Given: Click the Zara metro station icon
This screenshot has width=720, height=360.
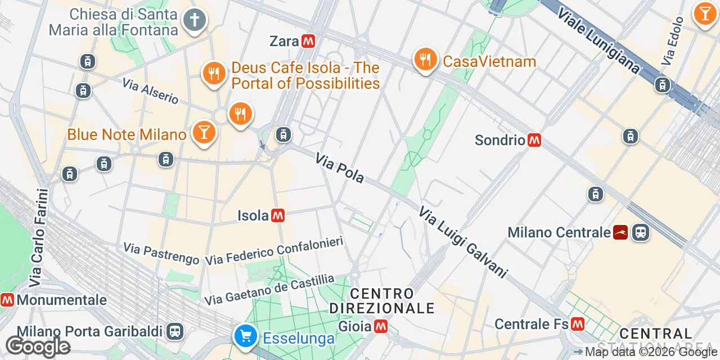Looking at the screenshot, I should point(308,41).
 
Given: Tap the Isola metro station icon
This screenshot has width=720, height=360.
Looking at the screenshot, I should point(277,215).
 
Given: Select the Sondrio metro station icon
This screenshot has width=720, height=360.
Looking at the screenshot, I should point(534,140).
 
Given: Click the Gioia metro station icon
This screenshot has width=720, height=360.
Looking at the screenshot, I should point(381,326).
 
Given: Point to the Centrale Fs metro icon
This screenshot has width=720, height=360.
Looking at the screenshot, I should point(577,324).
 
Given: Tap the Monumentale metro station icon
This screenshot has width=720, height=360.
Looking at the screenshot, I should point(7,300).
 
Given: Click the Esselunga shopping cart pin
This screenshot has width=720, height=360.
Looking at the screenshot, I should point(245,336).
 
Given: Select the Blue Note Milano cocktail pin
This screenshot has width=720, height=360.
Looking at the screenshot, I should point(204,132).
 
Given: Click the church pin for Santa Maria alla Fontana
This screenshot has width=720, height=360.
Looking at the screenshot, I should point(194,20).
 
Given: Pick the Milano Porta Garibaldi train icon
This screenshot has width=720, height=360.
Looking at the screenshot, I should point(175,331).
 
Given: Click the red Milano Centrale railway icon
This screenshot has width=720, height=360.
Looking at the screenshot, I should point(620,232).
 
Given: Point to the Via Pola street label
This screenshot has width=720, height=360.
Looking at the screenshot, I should point(339,168).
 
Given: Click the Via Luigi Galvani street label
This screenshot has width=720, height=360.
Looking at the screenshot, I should point(462,242).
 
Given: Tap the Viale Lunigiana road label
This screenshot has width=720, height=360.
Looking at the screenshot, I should point(598,40).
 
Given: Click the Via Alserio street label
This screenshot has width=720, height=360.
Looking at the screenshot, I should point(150,91).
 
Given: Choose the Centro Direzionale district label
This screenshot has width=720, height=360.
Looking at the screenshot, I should point(382,301).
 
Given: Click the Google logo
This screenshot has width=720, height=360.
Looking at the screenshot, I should point(38,346).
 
